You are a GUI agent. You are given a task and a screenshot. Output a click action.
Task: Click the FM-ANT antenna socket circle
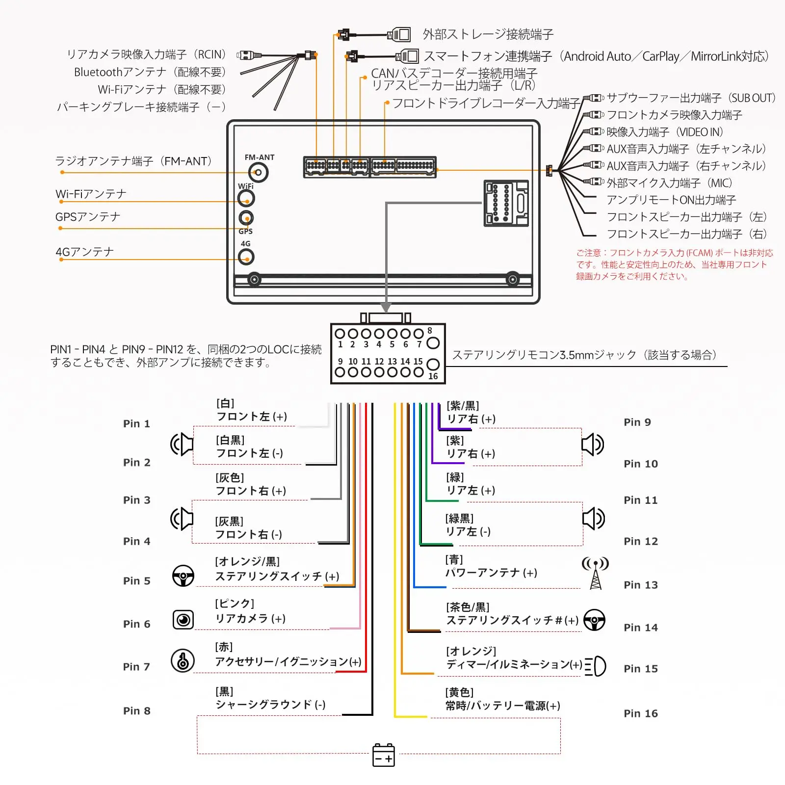click(x=258, y=172)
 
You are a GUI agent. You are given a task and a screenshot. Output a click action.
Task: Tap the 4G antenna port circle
click(x=246, y=257)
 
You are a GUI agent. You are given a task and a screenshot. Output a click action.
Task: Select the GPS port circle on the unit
click(x=246, y=217)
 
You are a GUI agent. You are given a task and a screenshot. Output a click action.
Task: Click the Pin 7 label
click(x=136, y=667)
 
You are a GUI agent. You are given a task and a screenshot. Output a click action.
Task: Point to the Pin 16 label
click(x=640, y=713)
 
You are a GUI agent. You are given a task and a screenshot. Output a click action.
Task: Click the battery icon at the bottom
click(x=384, y=755)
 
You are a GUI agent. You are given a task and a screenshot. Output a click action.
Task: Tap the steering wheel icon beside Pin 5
click(x=183, y=576)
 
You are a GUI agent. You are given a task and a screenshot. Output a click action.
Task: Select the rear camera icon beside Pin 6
click(x=183, y=620)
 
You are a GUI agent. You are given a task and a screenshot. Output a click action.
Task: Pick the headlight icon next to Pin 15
click(x=596, y=666)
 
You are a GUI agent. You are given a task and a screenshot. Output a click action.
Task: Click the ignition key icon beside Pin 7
click(x=183, y=660)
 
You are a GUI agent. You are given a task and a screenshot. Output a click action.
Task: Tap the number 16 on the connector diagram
click(x=433, y=376)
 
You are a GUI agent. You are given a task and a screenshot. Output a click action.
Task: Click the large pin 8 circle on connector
click(x=433, y=343)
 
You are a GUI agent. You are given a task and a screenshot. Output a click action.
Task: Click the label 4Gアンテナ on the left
click(x=85, y=252)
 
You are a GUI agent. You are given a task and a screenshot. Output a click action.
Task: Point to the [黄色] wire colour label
click(x=459, y=692)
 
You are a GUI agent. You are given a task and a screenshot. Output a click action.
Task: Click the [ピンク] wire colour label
click(x=235, y=603)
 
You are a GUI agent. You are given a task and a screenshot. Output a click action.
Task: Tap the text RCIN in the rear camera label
click(x=210, y=54)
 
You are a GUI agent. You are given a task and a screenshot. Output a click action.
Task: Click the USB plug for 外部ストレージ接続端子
click(x=399, y=35)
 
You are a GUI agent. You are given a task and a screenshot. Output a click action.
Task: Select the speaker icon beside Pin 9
click(x=593, y=445)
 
